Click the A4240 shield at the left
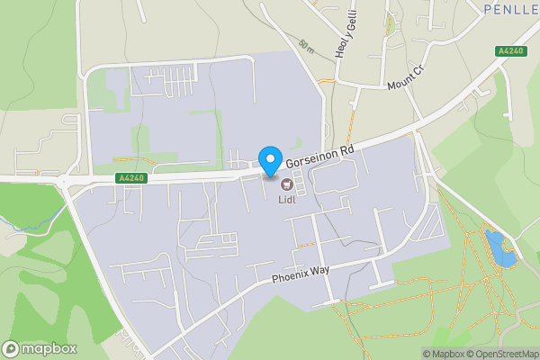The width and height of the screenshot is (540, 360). pos(129,178)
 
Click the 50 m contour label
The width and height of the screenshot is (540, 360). pos(307,44)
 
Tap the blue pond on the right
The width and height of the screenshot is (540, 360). pos(499,247)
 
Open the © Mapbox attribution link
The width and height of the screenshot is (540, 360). pos(445,354)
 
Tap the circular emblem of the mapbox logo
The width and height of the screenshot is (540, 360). pos(12,348)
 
